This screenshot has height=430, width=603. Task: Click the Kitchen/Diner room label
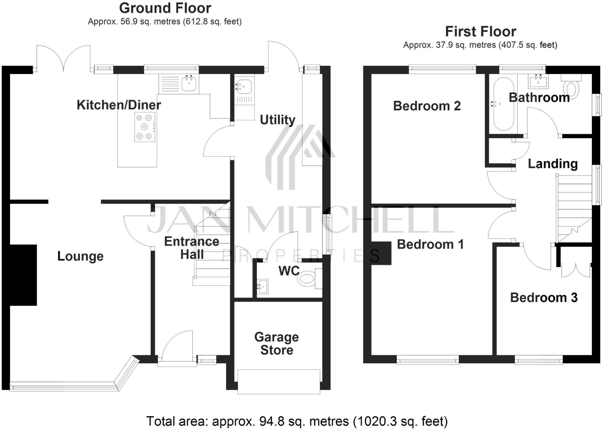(x=119, y=105)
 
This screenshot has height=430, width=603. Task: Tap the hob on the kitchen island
(x=145, y=127)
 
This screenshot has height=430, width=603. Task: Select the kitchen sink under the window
(x=189, y=83)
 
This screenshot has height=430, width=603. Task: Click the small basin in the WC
(x=262, y=286)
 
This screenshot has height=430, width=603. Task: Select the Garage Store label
(x=276, y=343)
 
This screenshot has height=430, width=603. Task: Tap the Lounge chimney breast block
(x=23, y=275)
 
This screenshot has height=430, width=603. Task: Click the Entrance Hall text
(x=192, y=248)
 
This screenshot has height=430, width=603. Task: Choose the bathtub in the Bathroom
(x=504, y=104)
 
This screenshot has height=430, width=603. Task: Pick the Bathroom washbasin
(x=538, y=81)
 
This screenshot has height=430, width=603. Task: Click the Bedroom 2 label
(x=427, y=106)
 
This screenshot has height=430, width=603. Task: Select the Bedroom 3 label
(x=544, y=298)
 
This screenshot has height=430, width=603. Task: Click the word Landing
(x=552, y=164)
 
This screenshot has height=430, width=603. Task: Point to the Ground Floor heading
(x=165, y=8)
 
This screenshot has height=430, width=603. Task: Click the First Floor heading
(x=480, y=31)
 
